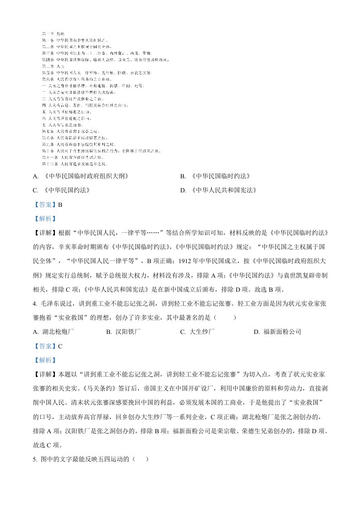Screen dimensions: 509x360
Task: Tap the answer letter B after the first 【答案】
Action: point(60,204)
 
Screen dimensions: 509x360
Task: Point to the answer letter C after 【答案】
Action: point(60,346)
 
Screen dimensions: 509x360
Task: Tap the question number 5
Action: point(35,459)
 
